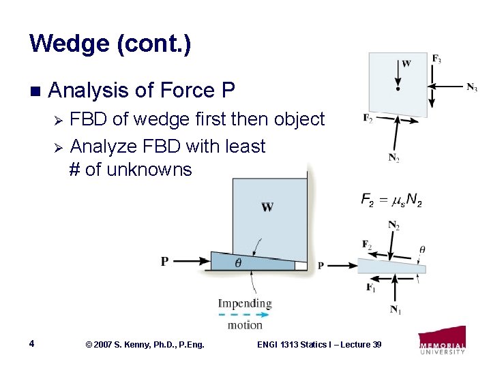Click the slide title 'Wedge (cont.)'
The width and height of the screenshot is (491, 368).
click(110, 45)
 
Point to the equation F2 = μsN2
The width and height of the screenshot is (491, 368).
click(391, 201)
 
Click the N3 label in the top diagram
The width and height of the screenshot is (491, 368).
click(471, 87)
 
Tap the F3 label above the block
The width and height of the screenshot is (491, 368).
click(436, 59)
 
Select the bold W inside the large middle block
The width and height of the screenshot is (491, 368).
click(267, 207)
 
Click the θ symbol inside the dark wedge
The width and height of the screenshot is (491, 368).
click(238, 262)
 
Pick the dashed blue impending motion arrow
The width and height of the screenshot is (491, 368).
click(243, 314)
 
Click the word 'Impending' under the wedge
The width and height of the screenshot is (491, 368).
click(244, 303)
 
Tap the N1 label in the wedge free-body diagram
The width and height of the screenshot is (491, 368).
click(395, 310)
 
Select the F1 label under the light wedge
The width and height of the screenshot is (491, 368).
click(370, 287)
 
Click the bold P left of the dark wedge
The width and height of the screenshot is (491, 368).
click(164, 261)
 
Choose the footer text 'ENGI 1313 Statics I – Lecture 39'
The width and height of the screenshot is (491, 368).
click(318, 345)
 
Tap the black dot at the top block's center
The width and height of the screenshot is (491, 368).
click(397, 87)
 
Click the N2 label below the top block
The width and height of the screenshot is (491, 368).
click(393, 158)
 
